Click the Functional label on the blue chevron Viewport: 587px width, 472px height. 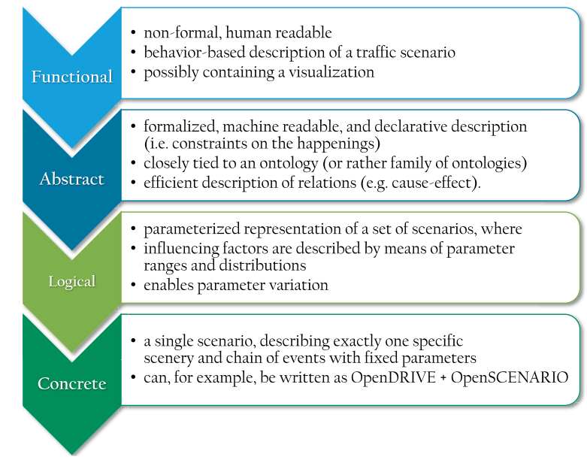point(72,77)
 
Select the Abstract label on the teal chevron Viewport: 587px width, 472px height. point(72,179)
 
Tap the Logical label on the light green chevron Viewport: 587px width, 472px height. point(72,282)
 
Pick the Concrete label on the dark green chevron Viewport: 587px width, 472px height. point(72,384)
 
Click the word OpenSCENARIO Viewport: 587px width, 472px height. point(516,377)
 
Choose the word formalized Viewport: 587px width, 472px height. point(177,126)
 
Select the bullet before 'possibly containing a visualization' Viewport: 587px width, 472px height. point(134,73)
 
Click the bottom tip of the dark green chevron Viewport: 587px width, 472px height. point(73,453)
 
